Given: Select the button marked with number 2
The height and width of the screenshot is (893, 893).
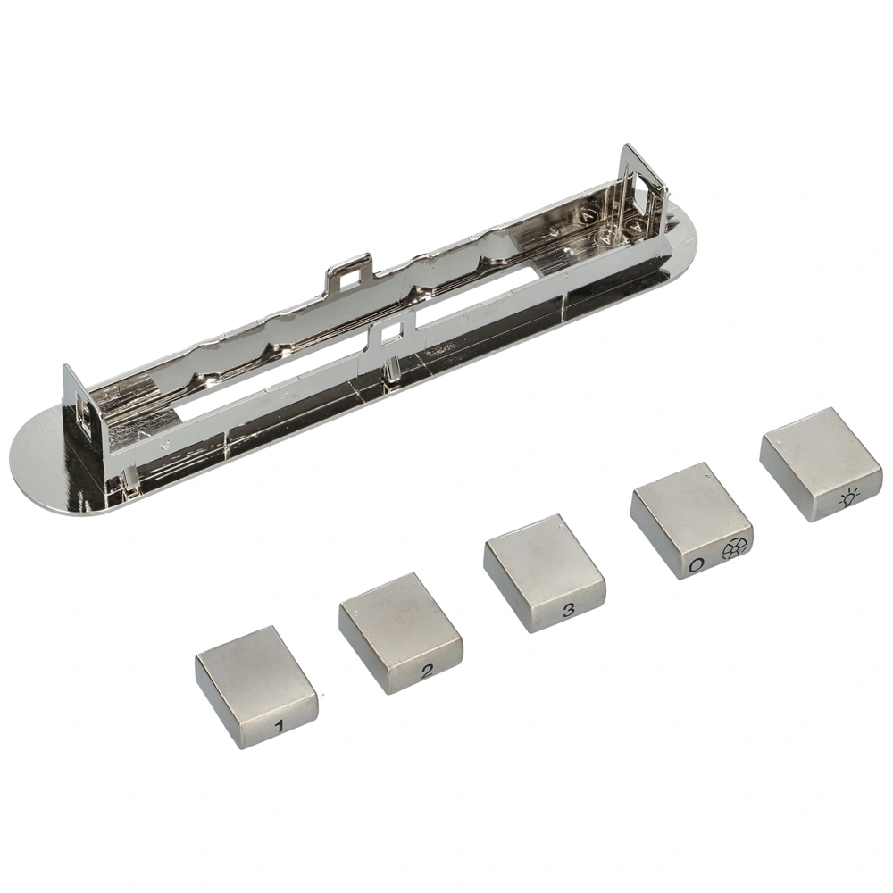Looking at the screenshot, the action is pyautogui.click(x=400, y=633).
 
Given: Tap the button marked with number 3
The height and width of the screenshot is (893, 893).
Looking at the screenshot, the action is pyautogui.click(x=545, y=573).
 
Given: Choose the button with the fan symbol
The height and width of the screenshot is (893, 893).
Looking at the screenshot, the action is pyautogui.click(x=691, y=521).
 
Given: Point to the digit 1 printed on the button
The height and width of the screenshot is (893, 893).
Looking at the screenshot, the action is pyautogui.click(x=279, y=726).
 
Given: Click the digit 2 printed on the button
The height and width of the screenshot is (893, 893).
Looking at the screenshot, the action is pyautogui.click(x=427, y=672).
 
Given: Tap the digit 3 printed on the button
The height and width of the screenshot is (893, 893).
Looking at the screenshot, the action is pyautogui.click(x=568, y=611).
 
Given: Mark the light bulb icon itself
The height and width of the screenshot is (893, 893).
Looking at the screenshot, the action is pyautogui.click(x=849, y=499).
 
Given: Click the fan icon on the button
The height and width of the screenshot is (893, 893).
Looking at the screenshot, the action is pyautogui.click(x=734, y=548).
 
